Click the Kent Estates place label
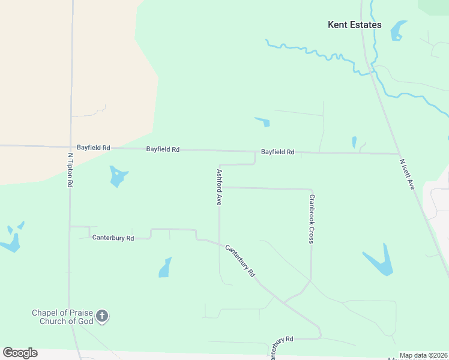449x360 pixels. [354, 25]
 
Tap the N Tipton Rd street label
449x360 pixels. [70, 170]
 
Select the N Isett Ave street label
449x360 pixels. [408, 174]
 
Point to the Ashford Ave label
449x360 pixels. [219, 187]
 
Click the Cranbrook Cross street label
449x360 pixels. [312, 218]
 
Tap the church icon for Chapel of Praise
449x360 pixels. [102, 316]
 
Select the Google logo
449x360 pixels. [20, 353]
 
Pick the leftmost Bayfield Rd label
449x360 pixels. [93, 147]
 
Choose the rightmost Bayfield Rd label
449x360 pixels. [277, 152]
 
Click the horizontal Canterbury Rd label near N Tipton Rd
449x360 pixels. [113, 238]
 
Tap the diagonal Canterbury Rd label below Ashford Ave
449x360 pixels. [240, 260]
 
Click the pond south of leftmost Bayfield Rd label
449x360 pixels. [118, 176]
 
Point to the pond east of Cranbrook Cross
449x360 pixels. [379, 262]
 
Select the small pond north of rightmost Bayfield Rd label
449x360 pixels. [263, 122]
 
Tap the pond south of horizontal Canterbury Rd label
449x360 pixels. [165, 268]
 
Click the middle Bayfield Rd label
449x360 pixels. [163, 149]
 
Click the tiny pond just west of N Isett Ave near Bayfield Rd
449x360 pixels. [354, 142]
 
